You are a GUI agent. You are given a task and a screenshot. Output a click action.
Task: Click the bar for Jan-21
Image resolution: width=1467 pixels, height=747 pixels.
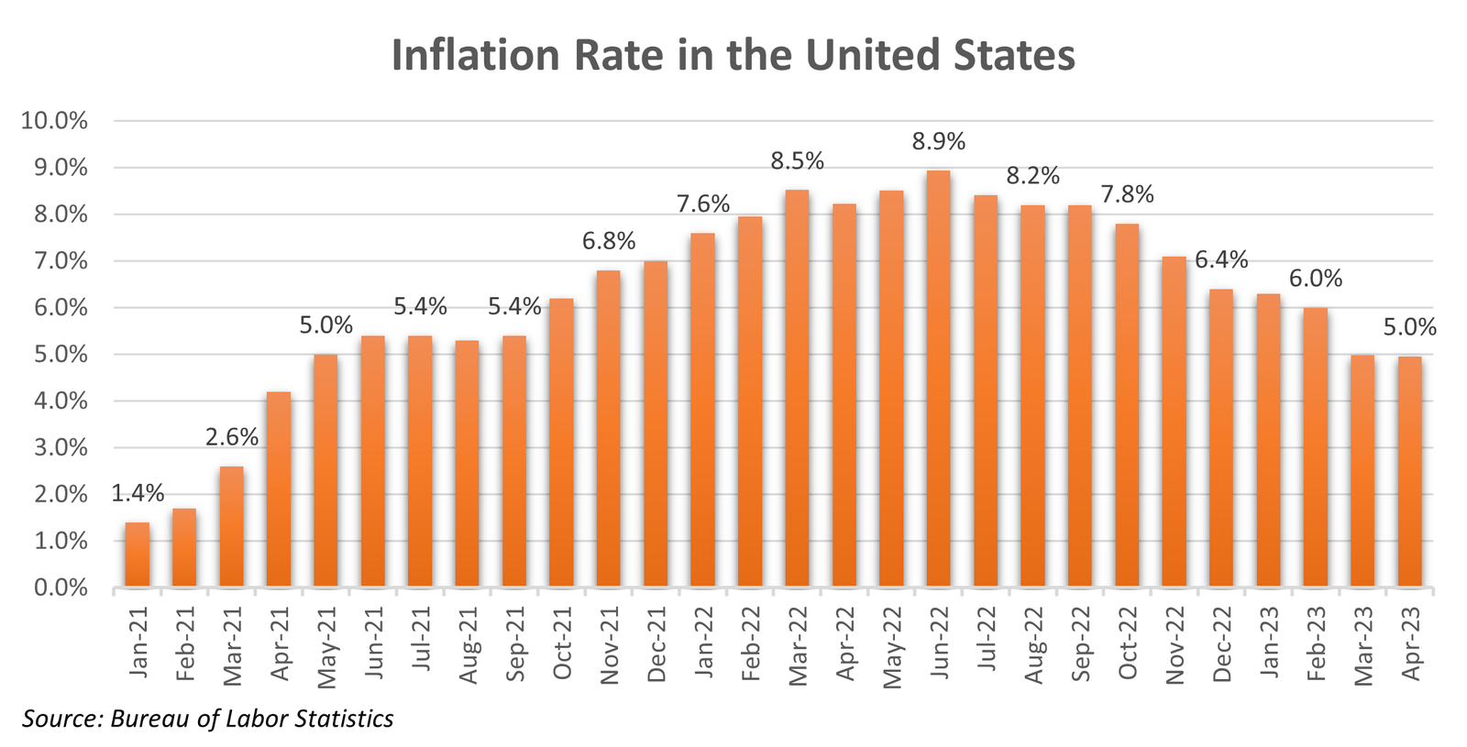click(138, 555)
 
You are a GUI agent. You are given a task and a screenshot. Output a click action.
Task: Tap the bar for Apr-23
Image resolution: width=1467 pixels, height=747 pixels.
click(1409, 471)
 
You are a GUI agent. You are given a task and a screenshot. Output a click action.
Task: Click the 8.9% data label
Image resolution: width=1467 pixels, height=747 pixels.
click(938, 142)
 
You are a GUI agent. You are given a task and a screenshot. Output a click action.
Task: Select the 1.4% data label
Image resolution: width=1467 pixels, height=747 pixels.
click(138, 494)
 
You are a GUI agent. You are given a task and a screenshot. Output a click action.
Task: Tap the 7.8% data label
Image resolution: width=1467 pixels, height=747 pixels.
click(1126, 194)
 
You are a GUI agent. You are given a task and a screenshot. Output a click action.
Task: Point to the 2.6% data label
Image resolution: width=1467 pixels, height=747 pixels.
click(231, 437)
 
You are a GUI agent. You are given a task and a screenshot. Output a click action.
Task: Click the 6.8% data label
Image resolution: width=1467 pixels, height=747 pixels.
click(609, 241)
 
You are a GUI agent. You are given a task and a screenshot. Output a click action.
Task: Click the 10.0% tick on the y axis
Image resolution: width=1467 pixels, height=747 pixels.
click(55, 121)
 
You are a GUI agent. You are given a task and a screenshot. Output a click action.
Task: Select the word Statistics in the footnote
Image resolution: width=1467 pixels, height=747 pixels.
click(344, 719)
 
